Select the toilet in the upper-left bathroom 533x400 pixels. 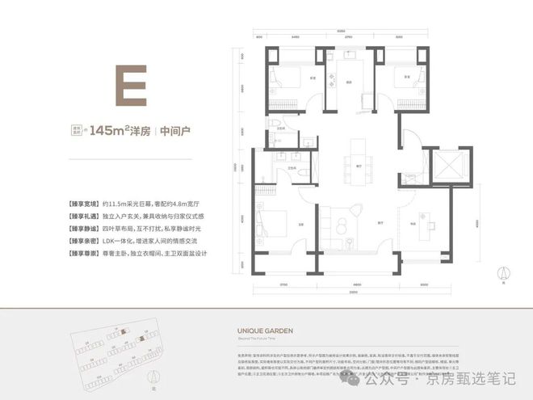[278, 124]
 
